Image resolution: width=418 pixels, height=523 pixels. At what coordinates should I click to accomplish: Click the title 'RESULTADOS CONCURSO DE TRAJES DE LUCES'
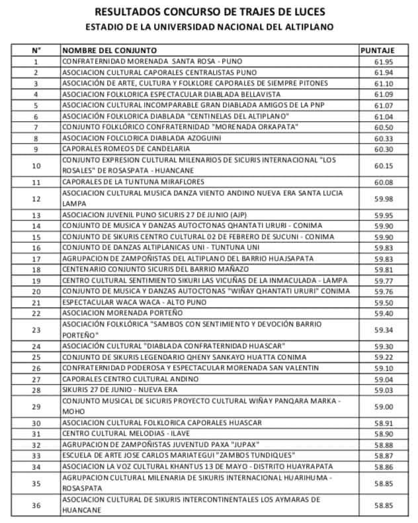click(209, 11)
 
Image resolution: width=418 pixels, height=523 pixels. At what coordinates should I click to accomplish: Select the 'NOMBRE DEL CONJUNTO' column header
click(109, 50)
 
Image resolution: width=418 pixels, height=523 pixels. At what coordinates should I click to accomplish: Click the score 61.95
click(384, 62)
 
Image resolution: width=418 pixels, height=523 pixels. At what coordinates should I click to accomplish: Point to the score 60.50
click(384, 126)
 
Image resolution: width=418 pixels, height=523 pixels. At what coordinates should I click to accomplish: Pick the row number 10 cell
click(36, 165)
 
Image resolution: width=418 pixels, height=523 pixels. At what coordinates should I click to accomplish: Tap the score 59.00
click(384, 406)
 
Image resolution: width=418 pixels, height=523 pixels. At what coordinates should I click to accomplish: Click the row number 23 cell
click(36, 329)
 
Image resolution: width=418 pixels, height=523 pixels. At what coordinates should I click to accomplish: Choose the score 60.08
click(384, 182)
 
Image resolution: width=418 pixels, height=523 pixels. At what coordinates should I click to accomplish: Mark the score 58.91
click(384, 423)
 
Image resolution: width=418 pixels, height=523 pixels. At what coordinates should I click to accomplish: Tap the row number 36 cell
click(36, 505)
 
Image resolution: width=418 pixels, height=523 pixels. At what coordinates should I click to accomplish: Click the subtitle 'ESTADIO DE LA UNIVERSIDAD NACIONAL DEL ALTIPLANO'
click(209, 27)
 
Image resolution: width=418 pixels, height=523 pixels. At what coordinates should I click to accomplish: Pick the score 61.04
click(384, 116)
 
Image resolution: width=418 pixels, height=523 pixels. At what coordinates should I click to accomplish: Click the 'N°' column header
click(36, 50)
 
